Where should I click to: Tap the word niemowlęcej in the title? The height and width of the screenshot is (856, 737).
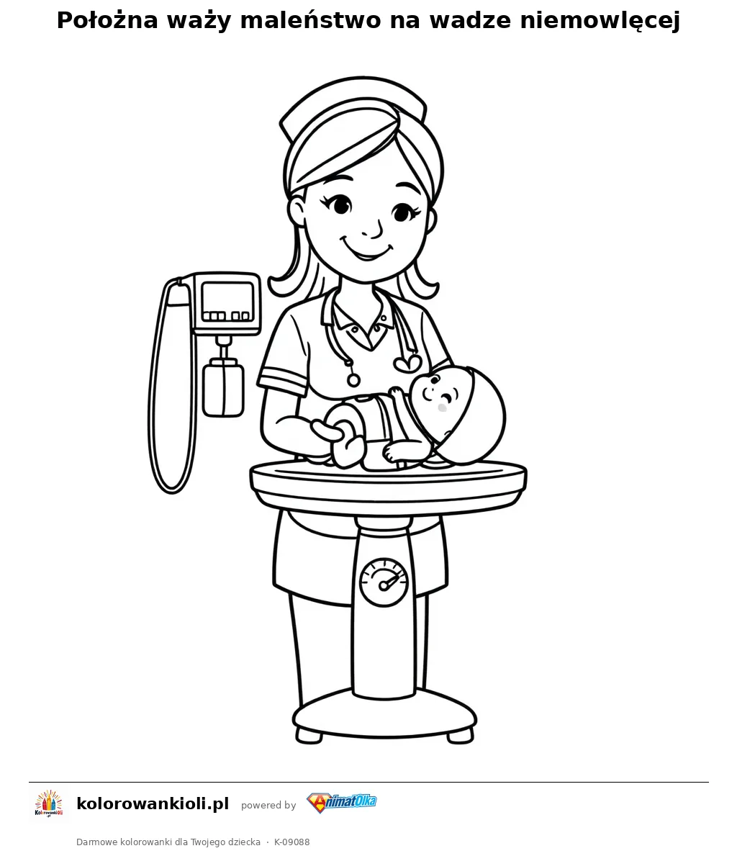[x=600, y=21]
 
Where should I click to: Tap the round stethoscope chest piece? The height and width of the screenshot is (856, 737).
[x=354, y=379]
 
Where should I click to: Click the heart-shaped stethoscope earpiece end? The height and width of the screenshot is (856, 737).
[x=407, y=363]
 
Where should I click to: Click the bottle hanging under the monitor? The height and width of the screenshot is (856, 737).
[x=222, y=388]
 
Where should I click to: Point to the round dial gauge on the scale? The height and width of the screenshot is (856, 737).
[x=384, y=582]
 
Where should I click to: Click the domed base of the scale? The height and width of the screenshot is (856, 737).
[x=385, y=715]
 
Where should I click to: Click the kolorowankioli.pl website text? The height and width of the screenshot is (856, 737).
[x=153, y=804]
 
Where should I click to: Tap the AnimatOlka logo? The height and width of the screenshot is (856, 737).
[x=342, y=803]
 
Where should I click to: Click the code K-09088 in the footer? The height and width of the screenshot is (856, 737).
[x=291, y=842]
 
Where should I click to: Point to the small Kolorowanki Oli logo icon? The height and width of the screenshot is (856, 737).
[x=49, y=803]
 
